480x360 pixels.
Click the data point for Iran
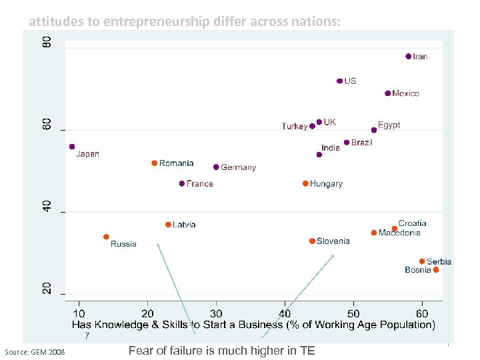coord(409,57)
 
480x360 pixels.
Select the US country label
coord(350,81)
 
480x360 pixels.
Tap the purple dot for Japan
coord(72,147)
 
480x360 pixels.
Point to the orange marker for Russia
coord(106,237)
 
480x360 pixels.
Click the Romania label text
coord(176,163)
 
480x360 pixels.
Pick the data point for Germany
coord(216,167)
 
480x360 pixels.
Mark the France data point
coord(182,183)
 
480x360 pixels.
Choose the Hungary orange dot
coord(305,183)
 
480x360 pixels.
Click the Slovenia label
coord(333,241)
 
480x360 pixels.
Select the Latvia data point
coord(168,225)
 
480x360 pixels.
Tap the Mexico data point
coord(388,93)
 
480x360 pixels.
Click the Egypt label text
coord(389,125)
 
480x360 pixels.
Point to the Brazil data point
coord(347,143)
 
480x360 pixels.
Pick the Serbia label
coord(439,261)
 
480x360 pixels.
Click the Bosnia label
coord(417,270)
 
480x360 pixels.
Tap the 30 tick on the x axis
coord(216,313)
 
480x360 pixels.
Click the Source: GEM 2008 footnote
coord(35,351)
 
